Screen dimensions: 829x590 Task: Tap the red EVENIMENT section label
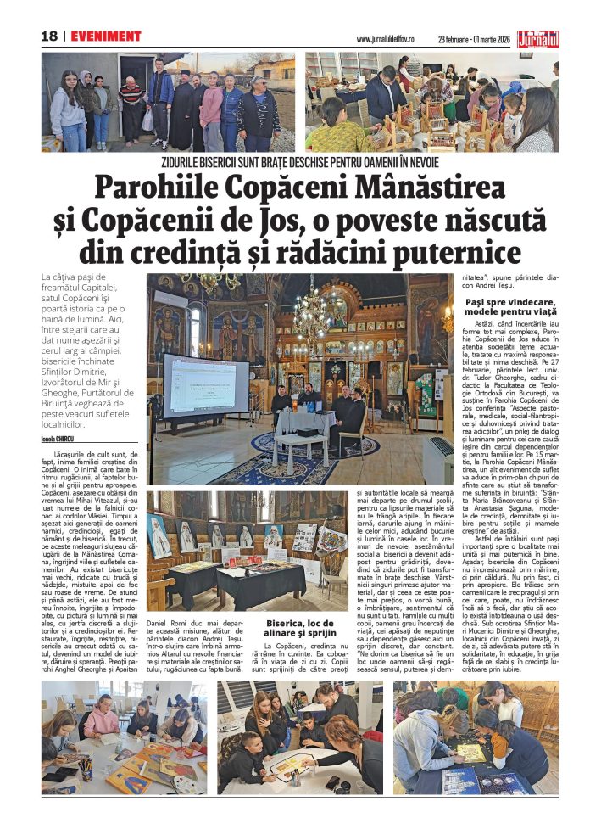pyautogui.click(x=106, y=36)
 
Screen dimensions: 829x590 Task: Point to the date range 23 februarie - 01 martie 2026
pyautogui.click(x=476, y=39)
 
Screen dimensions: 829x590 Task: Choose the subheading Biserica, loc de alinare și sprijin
pyautogui.click(x=303, y=630)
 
